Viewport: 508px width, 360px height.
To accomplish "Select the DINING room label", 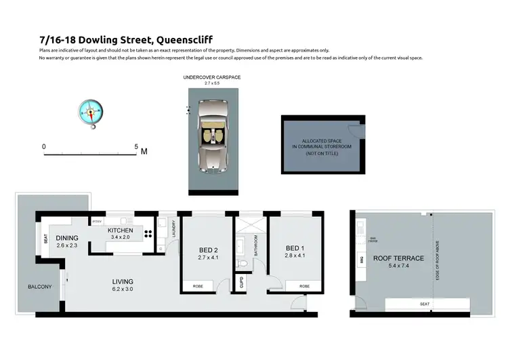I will pyautogui.click(x=68, y=238).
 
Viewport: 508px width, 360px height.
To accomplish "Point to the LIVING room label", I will pyautogui.click(x=123, y=281).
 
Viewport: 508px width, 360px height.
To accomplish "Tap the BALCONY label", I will pyautogui.click(x=39, y=287).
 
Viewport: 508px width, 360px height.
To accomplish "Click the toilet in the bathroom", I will pyautogui.click(x=240, y=264).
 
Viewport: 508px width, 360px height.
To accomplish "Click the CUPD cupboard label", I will pyautogui.click(x=240, y=282).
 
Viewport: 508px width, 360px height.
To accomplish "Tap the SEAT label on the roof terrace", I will pyautogui.click(x=425, y=304).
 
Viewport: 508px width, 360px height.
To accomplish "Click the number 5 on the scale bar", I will pyautogui.click(x=136, y=146).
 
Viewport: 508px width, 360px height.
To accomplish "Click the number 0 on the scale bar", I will pyautogui.click(x=44, y=146).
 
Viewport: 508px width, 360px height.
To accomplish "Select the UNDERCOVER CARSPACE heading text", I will pyautogui.click(x=212, y=77).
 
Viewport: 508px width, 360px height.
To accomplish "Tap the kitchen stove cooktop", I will pyautogui.click(x=148, y=237).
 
